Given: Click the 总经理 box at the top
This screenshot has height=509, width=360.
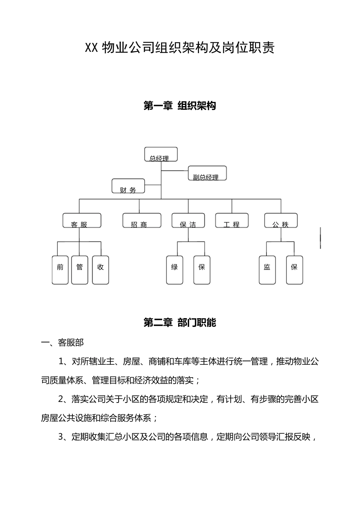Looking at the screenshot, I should pyautogui.click(x=161, y=155).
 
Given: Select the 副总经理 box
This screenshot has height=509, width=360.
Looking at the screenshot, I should pyautogui.click(x=207, y=173).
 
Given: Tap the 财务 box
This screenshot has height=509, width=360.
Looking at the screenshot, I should pyautogui.click(x=128, y=186).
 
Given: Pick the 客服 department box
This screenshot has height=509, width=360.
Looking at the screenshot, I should pyautogui.click(x=82, y=220).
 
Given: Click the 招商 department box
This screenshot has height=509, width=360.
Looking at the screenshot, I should pyautogui.click(x=142, y=220).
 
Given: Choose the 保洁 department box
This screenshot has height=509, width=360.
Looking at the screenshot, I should pyautogui.click(x=188, y=220).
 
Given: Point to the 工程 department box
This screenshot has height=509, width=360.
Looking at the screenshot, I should pyautogui.click(x=232, y=220).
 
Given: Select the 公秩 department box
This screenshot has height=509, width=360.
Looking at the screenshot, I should pyautogui.click(x=281, y=220).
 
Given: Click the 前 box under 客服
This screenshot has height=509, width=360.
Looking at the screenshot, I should pyautogui.click(x=60, y=270).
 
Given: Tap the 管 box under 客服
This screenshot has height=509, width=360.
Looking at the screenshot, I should pyautogui.click(x=80, y=270).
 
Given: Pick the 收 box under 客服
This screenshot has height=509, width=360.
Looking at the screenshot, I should pyautogui.click(x=100, y=270).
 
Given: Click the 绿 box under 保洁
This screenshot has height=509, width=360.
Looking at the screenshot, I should pyautogui.click(x=175, y=270).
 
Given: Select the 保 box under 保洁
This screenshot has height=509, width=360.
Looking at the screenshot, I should pyautogui.click(x=202, y=270).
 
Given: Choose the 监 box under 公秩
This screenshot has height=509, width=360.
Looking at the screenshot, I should pyautogui.click(x=267, y=270).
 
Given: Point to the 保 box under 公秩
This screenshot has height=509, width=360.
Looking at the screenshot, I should pyautogui.click(x=294, y=270).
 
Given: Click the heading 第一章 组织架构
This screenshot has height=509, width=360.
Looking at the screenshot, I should pyautogui.click(x=180, y=106).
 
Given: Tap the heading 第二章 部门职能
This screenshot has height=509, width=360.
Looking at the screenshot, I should pyautogui.click(x=180, y=323).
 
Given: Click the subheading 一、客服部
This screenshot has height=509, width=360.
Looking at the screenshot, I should pyautogui.click(x=63, y=343).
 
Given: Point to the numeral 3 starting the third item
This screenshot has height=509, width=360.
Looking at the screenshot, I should pyautogui.click(x=61, y=437).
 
